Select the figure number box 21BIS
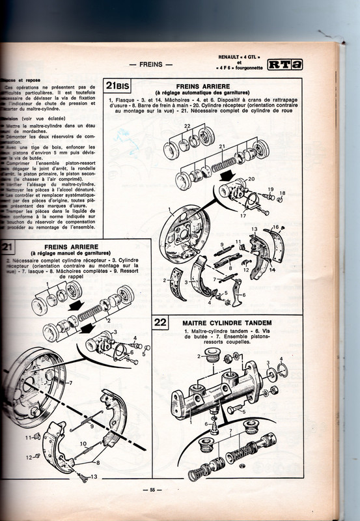tap(118, 87)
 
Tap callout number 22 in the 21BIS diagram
tap(169, 125)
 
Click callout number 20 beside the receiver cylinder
tap(251, 179)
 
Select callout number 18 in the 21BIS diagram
tap(282, 193)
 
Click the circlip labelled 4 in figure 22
tap(282, 372)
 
